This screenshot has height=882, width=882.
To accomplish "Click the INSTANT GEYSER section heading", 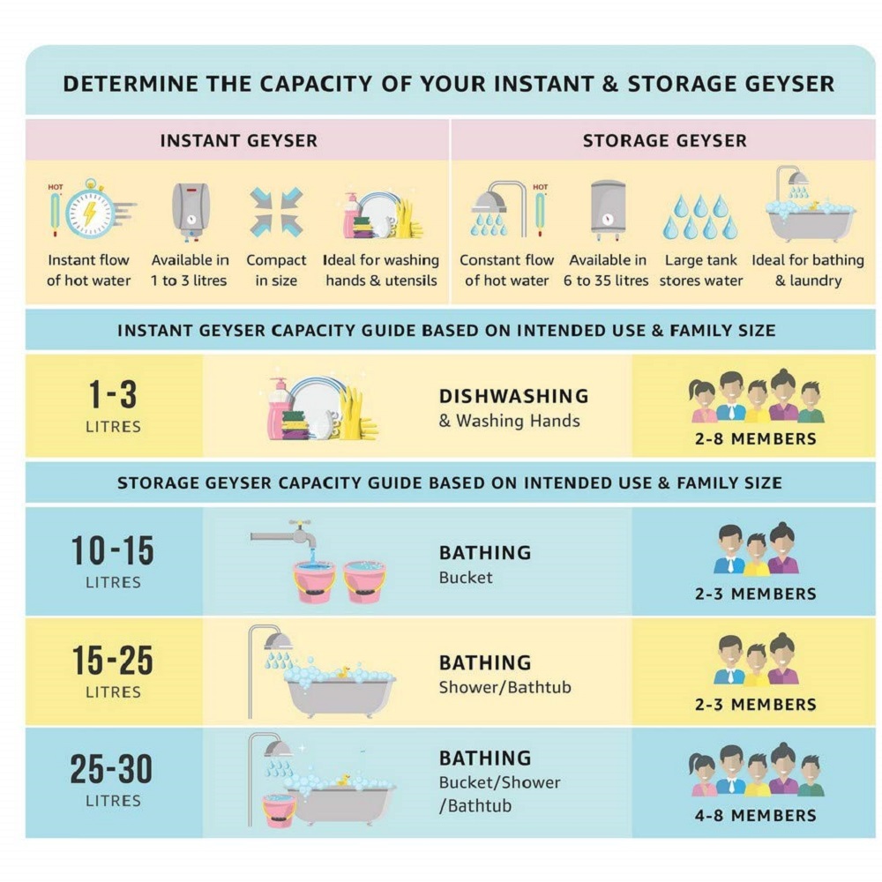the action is [238, 140].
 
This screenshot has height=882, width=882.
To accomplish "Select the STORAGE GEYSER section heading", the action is [664, 140].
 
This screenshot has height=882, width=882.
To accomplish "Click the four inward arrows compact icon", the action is [276, 212].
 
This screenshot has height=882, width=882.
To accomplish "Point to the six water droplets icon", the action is [700, 217].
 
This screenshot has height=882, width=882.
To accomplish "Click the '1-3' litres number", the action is [113, 394].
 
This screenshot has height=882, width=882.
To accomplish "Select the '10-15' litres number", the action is [113, 550].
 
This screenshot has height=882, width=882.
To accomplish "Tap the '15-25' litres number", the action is [113, 660].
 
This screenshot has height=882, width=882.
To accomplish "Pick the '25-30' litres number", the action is [111, 769].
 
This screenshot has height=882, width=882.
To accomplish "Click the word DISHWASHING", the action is [513, 396].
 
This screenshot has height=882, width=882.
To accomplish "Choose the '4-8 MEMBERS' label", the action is [756, 815].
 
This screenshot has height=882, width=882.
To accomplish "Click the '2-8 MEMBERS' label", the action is [756, 438].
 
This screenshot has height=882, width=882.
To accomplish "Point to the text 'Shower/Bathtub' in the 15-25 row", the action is [505, 687].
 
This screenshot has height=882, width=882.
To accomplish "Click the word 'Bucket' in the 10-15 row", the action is [466, 578].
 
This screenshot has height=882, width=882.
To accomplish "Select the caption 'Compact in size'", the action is [276, 270].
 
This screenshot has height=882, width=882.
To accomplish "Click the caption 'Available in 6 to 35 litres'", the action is [607, 270].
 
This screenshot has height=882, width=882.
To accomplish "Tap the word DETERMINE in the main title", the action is [131, 84].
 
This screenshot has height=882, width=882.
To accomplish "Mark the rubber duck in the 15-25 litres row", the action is [342, 672].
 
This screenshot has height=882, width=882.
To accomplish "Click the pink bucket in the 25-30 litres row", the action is [279, 810].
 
